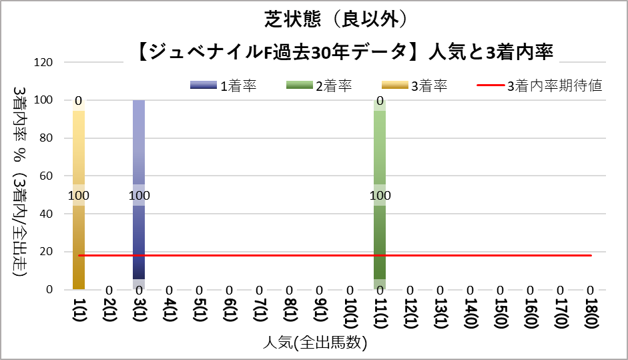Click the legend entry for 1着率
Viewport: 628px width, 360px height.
point(224,85)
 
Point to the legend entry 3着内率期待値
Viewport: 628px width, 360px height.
point(541,85)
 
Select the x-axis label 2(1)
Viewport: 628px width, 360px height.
point(109,313)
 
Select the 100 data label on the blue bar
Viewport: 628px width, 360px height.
point(139,196)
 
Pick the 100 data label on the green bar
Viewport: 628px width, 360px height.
point(380,196)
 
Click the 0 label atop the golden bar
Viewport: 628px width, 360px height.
point(78,102)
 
